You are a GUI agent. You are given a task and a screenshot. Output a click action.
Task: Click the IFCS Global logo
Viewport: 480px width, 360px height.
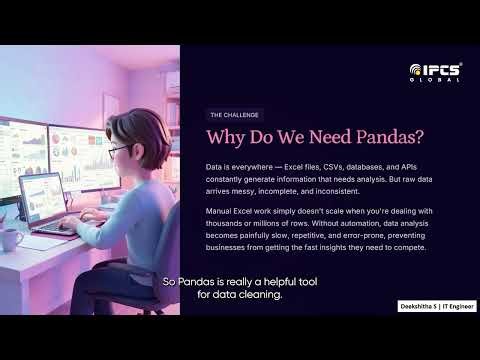point(435,72)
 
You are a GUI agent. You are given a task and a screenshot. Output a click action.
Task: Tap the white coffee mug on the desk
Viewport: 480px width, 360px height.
point(12,238)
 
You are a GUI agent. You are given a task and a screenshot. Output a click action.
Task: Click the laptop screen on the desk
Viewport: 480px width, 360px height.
point(43,196)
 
